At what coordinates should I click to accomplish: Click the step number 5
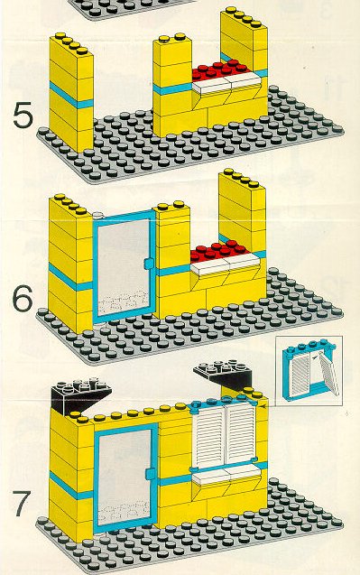click(23, 116)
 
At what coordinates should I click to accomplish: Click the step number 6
click(23, 299)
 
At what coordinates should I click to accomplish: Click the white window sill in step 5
click(227, 83)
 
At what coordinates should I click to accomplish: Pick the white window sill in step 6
click(226, 264)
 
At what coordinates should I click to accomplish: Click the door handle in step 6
click(148, 264)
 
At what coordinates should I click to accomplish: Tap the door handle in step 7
click(150, 473)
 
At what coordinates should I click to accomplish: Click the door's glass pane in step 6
click(123, 266)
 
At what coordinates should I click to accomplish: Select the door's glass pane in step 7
click(125, 478)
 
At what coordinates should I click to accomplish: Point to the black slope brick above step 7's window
click(225, 374)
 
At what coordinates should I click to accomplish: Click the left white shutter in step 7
click(208, 435)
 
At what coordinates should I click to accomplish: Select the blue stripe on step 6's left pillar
click(70, 277)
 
